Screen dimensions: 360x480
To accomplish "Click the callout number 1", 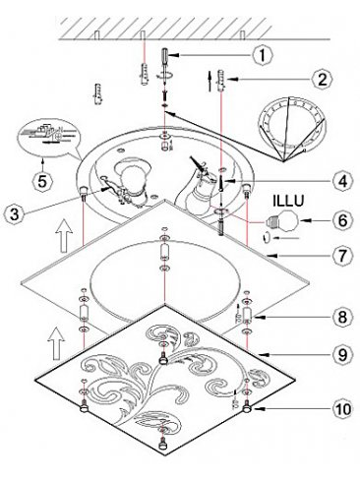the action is click(263, 55).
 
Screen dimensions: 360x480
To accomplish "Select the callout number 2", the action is click(323, 79).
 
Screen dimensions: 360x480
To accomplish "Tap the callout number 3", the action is click(15, 214).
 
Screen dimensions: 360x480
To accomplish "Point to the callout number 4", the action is click(342, 181).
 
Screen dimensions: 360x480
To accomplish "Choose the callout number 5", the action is click(42, 181).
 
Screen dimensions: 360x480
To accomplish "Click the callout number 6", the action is click(342, 220).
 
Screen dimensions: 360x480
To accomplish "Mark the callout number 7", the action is click(342, 255).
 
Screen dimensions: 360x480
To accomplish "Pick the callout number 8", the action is click(342, 317).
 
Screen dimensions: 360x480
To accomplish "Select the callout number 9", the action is click(342, 354).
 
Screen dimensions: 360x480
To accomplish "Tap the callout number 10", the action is click(342, 409).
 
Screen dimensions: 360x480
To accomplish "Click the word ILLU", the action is click(288, 201).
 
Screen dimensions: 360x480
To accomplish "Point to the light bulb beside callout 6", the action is click(282, 222).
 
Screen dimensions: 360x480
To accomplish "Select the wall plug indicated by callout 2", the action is click(221, 81).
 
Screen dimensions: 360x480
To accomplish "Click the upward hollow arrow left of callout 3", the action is click(64, 236).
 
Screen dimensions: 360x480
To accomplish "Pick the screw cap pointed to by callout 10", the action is click(247, 408).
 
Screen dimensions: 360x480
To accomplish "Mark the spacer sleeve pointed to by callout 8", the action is click(247, 315).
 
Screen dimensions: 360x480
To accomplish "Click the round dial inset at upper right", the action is click(292, 124).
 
